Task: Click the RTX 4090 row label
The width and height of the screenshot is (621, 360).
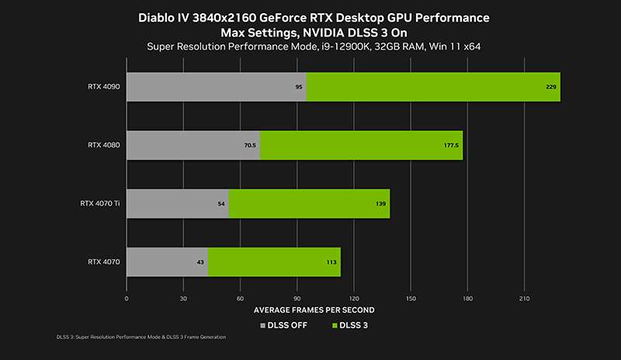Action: (103, 87)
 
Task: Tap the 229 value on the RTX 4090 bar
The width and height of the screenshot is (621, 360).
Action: (551, 87)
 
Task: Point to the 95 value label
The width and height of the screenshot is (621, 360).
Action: (299, 87)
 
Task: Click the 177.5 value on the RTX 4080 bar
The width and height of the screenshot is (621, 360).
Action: (452, 145)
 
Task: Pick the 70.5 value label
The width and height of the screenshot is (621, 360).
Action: (250, 145)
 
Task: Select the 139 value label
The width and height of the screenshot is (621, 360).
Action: (380, 203)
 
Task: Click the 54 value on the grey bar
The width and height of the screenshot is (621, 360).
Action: (221, 203)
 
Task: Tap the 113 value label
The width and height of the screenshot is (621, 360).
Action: (331, 262)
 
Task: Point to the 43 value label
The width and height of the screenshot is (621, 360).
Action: (200, 262)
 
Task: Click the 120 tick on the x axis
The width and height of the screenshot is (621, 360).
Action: (354, 297)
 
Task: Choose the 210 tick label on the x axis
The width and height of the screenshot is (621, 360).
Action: (525, 297)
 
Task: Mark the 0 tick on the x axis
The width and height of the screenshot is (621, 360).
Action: (127, 297)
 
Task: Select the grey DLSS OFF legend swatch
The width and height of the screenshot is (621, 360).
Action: (262, 325)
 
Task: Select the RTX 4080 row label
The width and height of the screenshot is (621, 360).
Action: (103, 145)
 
